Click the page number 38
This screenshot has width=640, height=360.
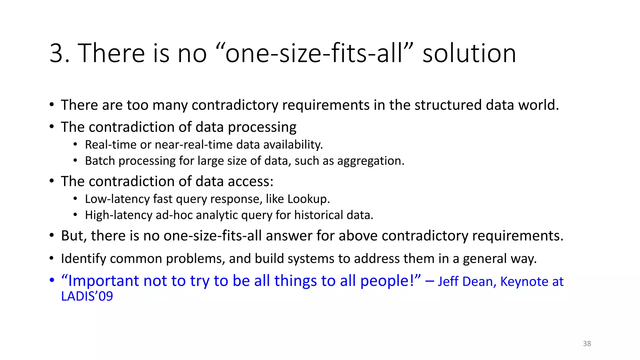click(587, 344)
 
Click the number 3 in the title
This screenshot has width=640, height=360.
click(57, 53)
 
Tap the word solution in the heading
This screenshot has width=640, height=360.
click(469, 53)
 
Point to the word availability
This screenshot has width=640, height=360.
click(293, 145)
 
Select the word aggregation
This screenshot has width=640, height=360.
click(371, 161)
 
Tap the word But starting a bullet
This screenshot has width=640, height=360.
click(74, 236)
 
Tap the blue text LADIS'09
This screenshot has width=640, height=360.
click(87, 296)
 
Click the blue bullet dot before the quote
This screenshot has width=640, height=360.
click(52, 280)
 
